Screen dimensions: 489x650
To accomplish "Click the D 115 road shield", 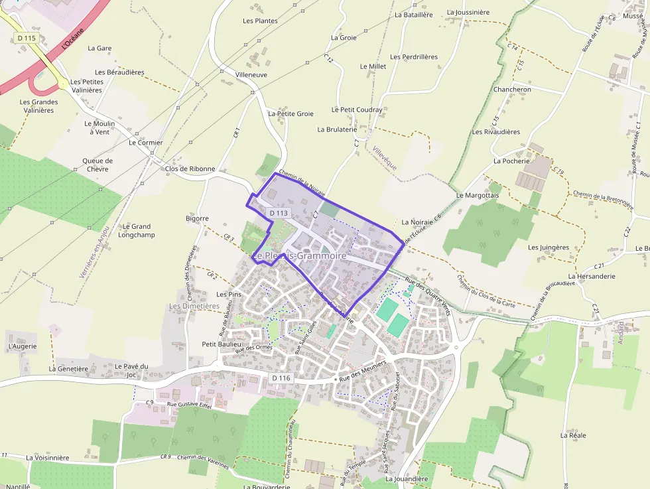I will tap(27, 38).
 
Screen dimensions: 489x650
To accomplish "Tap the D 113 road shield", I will tap(279, 213).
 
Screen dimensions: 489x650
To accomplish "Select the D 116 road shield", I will tap(282, 378).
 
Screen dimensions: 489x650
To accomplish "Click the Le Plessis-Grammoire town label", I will tap(299, 255).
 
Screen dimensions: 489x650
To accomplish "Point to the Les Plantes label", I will tap(260, 21).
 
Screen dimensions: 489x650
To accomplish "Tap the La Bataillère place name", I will tap(413, 14).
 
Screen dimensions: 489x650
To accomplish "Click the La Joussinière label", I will tap(468, 12).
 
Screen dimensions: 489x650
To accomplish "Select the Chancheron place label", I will tap(512, 90).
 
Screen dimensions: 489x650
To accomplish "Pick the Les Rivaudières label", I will tap(496, 131).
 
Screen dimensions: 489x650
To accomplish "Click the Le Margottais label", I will tap(478, 195).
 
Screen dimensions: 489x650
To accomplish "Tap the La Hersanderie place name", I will tap(592, 276).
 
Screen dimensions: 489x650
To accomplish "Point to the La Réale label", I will tap(573, 435).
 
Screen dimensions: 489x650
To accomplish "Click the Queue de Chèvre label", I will tap(97, 165).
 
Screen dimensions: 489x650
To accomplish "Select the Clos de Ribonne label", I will tap(190, 169).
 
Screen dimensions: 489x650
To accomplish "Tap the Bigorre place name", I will tap(198, 218).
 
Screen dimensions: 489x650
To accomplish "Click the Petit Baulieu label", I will tap(222, 344).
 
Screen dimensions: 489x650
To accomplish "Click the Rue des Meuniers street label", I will tap(363, 374).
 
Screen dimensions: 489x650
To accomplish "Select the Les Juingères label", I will tap(549, 247).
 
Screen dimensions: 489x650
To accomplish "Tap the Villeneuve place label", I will tap(251, 75).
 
